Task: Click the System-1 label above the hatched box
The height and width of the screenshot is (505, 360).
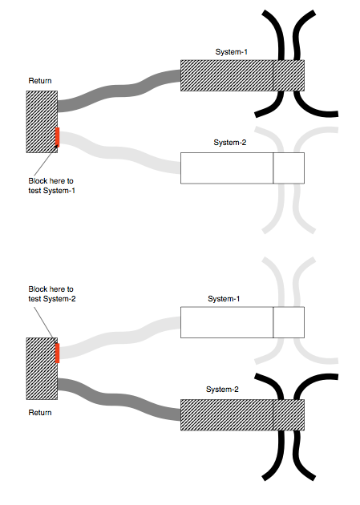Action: [232, 52]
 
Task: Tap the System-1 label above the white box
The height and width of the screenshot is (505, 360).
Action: [224, 299]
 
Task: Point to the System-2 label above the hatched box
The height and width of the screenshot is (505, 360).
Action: [224, 390]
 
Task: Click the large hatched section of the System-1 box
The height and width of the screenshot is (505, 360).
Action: [227, 75]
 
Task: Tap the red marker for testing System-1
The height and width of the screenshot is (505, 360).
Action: [58, 138]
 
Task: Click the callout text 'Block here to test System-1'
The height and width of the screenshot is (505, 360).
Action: [51, 185]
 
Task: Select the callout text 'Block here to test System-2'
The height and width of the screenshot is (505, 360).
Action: [51, 293]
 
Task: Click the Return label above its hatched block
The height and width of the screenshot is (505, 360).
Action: [40, 81]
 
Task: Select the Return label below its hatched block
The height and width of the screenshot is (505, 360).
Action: [40, 413]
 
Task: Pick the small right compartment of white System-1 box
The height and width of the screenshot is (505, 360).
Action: [289, 321]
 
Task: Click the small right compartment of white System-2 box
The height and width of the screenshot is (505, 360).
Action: [289, 168]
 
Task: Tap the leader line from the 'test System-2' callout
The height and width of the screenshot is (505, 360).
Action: [47, 320]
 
